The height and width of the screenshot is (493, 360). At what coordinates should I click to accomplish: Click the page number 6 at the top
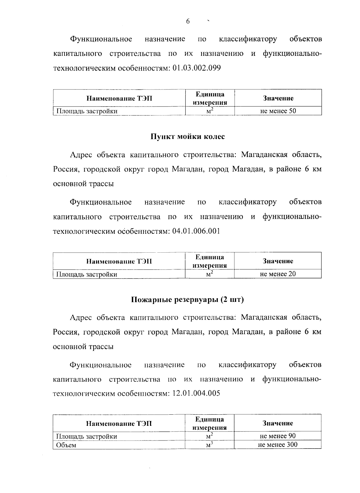pos(188,21)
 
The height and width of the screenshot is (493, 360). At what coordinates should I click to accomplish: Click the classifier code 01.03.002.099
pos(197,68)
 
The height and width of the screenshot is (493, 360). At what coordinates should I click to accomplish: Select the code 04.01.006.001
pos(196,231)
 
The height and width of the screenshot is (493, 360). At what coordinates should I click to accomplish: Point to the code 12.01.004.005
pos(196,393)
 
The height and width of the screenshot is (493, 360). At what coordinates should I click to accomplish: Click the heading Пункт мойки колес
pos(187,137)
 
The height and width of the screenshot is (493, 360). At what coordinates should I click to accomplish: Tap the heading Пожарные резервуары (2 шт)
pos(187,300)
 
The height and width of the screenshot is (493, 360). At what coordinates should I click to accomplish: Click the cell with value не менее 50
pos(278,111)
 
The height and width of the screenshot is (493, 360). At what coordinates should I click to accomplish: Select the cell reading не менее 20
pos(278,274)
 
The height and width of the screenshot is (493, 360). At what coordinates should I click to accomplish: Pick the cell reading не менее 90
pos(278,436)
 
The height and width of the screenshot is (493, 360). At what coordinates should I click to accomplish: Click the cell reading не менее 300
pos(278,445)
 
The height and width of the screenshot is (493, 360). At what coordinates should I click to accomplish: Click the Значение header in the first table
pos(278,98)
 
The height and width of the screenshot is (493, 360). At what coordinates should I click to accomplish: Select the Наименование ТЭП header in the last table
pos(119,423)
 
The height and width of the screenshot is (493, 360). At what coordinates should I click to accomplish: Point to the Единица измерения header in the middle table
pos(210,261)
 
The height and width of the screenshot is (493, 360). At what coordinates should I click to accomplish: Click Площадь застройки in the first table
pos(87,111)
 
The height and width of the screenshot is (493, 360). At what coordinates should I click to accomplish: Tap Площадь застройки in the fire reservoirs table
pos(87,436)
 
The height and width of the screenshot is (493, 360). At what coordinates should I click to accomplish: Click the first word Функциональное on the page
pos(101,39)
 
